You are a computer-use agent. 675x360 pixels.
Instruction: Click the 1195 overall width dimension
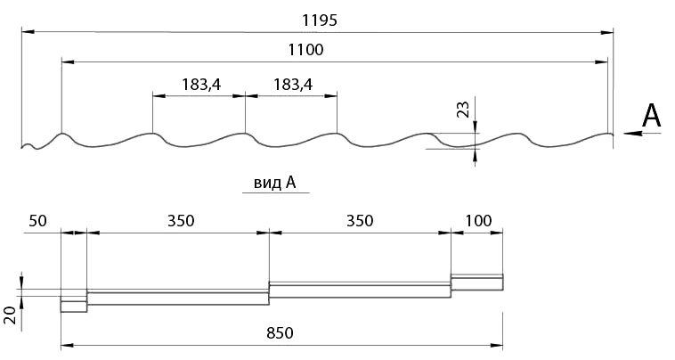click(319, 20)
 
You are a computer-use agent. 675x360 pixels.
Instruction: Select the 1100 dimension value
click(305, 50)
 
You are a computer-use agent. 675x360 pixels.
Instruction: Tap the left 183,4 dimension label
click(201, 85)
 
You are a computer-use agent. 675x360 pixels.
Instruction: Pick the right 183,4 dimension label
click(293, 85)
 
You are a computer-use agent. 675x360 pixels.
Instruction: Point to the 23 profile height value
click(463, 110)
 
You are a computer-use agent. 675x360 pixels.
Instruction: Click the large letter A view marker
click(651, 116)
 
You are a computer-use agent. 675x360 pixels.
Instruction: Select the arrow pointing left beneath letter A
click(642, 134)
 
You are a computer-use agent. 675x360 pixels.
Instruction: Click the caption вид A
click(274, 183)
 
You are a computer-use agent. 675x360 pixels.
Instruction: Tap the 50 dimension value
click(37, 221)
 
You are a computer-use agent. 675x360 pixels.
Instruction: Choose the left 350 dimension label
click(181, 221)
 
